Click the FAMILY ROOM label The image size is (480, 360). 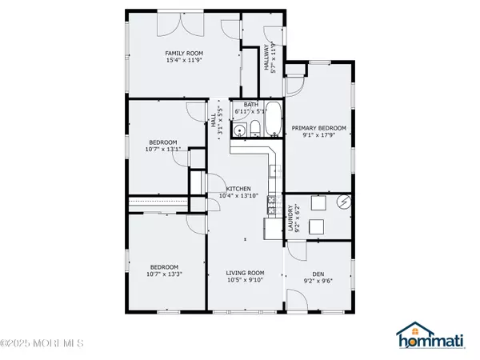[184, 54]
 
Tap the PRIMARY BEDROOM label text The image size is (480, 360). [318, 128]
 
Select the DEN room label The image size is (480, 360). [318, 274]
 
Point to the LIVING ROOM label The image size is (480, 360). [245, 273]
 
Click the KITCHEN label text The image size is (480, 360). [238, 189]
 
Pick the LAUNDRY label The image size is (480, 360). [290, 218]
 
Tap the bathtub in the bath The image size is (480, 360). [273, 118]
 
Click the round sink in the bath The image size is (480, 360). [238, 131]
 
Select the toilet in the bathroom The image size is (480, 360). [255, 129]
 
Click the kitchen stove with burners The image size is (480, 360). [272, 205]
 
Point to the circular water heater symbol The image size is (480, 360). [344, 202]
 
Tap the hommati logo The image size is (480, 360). [430, 335]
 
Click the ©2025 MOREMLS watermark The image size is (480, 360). [42, 343]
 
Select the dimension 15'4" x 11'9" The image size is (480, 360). [184, 60]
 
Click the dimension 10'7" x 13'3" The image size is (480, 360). [164, 274]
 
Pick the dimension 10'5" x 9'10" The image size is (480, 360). [245, 280]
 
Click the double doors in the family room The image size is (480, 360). [180, 24]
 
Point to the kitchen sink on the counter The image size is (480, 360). [274, 171]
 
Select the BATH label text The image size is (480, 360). [251, 105]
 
